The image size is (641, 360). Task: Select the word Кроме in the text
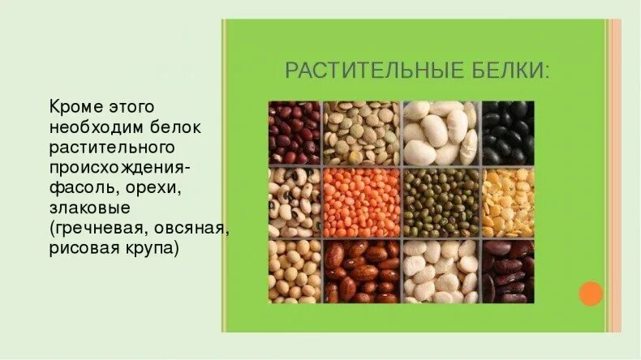click(x=75, y=107)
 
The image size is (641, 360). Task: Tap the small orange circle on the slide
click(x=592, y=294)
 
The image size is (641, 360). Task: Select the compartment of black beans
click(x=508, y=132)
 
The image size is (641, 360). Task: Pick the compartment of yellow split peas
click(x=508, y=203)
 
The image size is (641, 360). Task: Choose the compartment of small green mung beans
click(x=441, y=203)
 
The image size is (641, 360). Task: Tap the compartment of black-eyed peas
click(x=295, y=203)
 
